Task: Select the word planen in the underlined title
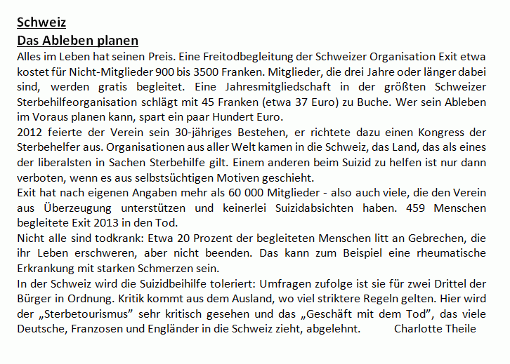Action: click(x=118, y=40)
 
